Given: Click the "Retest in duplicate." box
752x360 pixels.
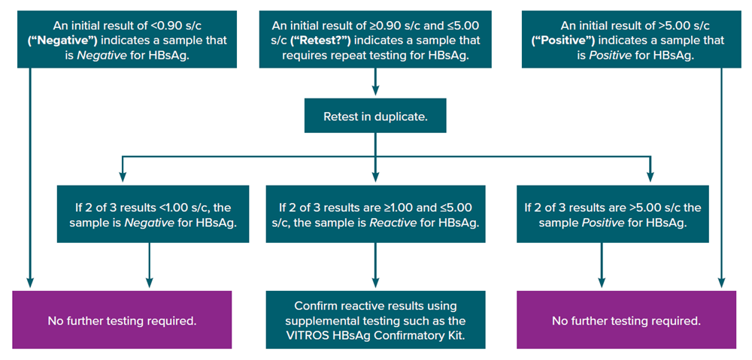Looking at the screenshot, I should [x=375, y=117].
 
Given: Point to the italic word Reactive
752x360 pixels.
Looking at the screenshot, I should [x=390, y=223].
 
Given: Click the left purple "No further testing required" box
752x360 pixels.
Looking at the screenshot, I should [x=122, y=321].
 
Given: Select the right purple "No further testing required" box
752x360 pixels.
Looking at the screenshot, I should [x=626, y=321].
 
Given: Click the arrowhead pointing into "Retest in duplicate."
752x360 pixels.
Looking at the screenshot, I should [x=375, y=93].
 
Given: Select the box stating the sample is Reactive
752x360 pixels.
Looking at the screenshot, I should [x=375, y=215].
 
